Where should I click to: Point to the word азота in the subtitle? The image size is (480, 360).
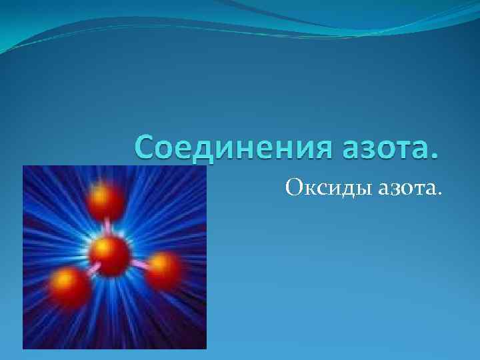pos(405,189)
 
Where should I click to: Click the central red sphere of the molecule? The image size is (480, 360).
pos(109,255)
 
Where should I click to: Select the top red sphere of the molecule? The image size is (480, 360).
pos(107,199)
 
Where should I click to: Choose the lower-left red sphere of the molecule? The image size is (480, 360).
pos(69,285)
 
